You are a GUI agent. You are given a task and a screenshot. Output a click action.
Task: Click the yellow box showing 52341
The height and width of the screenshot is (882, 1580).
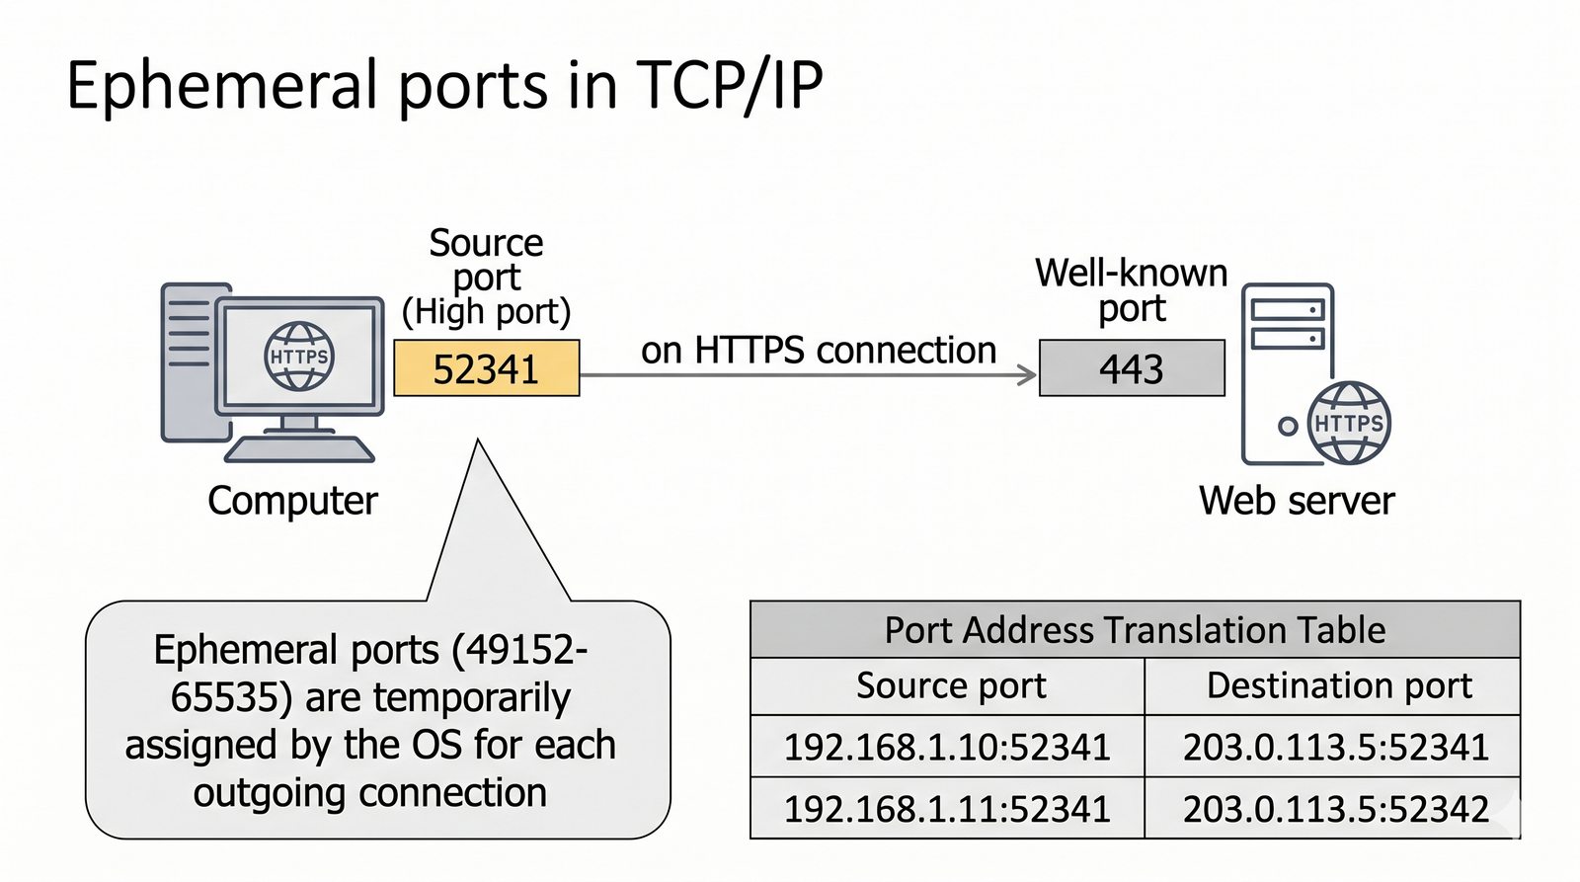486,368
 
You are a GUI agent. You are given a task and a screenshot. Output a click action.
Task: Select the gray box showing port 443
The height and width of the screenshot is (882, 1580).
1132,368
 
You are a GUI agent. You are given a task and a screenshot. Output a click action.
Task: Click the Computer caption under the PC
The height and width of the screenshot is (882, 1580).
292,501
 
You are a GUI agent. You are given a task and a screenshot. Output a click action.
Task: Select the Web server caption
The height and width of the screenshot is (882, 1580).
1297,501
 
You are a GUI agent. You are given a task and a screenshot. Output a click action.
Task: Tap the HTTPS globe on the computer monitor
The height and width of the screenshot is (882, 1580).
299,356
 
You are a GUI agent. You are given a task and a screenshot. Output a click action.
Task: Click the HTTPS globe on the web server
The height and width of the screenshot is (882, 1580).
1349,423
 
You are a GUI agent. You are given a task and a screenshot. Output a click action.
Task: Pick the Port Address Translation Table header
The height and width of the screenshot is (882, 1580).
1135,630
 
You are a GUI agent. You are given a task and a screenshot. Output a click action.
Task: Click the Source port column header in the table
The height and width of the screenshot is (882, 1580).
951,685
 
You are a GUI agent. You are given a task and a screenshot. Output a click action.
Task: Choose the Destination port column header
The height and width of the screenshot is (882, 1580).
1339,685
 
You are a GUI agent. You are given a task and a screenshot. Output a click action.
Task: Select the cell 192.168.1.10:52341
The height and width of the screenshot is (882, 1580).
947,747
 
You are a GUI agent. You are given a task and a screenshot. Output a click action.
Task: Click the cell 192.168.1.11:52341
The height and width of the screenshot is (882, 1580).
947,809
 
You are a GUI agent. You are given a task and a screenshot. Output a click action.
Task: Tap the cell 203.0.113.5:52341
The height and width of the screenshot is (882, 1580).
1336,747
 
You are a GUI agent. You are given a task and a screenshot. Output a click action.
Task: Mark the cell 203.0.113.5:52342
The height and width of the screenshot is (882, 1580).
1336,809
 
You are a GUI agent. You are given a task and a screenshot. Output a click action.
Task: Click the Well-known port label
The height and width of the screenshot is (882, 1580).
1132,290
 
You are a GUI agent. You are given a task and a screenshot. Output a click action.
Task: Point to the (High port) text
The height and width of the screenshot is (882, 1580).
486,312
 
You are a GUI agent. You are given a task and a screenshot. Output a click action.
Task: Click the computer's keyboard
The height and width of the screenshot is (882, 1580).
299,449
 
